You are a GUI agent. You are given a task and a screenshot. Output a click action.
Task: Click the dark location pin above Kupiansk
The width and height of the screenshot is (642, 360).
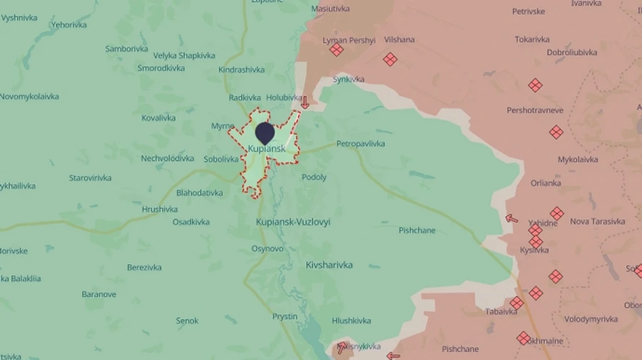tap(265, 133)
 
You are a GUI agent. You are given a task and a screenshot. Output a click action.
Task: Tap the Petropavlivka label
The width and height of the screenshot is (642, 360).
tap(360, 144)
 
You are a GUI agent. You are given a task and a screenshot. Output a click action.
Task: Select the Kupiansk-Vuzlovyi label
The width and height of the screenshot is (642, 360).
tap(293, 222)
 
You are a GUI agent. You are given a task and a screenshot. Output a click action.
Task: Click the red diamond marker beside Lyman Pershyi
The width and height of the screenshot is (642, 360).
tap(337, 50)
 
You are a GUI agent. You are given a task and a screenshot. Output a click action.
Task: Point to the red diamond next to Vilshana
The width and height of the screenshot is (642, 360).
tap(389, 59)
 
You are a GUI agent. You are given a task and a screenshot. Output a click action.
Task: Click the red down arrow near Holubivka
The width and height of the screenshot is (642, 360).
tap(305, 103)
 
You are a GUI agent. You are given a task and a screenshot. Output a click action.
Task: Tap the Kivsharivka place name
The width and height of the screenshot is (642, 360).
tap(329, 265)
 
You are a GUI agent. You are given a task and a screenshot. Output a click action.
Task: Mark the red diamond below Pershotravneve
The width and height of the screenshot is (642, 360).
tap(556, 132)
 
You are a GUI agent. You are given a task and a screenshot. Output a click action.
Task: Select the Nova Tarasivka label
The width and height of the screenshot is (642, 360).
tap(598, 222)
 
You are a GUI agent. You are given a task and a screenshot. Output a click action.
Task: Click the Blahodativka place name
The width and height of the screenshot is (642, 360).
tap(200, 193)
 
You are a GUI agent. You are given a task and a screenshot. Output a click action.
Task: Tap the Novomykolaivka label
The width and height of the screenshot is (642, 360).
tap(29, 97)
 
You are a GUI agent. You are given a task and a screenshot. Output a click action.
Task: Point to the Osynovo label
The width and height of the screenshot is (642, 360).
tap(267, 249)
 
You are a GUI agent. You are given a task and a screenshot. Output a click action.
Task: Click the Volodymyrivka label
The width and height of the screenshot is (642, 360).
tap(591, 319)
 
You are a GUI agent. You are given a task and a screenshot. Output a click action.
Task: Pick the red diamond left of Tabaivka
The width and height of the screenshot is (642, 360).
tap(516, 303)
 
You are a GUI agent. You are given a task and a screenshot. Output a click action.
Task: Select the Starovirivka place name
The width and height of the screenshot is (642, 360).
tap(90, 178)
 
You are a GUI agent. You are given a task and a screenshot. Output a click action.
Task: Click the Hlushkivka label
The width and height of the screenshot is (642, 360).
tap(352, 322)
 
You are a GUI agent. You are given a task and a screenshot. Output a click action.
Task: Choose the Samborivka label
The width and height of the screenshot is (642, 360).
tap(127, 49)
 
